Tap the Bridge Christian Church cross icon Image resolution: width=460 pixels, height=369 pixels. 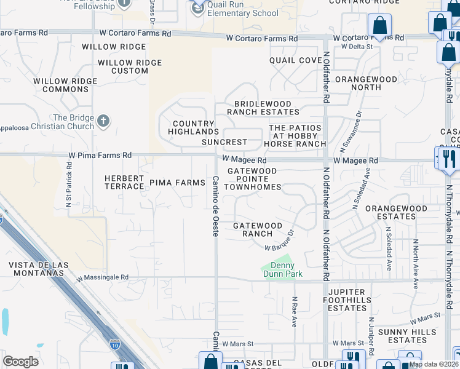(x=104, y=121)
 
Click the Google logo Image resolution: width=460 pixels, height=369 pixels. (x=20, y=362)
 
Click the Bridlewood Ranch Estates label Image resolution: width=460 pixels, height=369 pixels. (x=263, y=108)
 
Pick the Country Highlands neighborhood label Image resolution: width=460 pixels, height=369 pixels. (x=194, y=127)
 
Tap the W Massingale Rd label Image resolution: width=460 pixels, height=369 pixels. (x=103, y=277)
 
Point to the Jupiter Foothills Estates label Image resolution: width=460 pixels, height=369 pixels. (x=356, y=300)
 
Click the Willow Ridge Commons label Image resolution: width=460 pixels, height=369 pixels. (x=65, y=85)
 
